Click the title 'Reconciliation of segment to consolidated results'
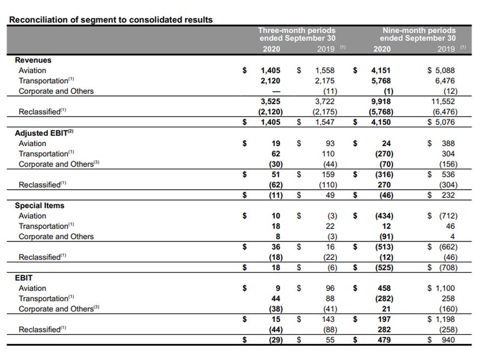(111, 19)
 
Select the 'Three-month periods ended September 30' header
(296, 34)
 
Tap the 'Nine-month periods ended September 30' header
(418, 34)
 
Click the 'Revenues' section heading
(33, 60)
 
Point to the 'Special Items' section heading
(39, 205)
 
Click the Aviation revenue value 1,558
(325, 71)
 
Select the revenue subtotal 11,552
(444, 101)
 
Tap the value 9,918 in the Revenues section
(381, 101)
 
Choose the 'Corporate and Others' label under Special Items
(56, 237)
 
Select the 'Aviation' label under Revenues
(32, 71)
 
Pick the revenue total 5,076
(444, 122)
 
